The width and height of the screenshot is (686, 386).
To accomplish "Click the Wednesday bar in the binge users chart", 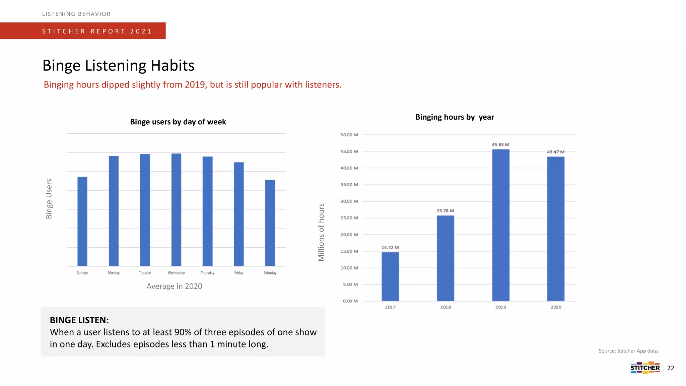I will tap(176, 210).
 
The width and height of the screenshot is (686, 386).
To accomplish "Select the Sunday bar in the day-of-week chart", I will tap(82, 221).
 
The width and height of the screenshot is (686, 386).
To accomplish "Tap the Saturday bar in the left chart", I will tap(270, 223).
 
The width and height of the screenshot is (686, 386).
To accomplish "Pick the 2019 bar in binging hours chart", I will tap(500, 225).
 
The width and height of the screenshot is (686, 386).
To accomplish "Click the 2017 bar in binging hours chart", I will tap(390, 276).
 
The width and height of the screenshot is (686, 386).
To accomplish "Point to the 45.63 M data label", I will tap(500, 145).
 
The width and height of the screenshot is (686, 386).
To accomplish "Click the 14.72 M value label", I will tap(390, 248).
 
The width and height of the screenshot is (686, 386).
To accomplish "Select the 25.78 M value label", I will tap(445, 211).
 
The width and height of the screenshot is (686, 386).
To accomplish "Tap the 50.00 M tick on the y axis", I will tap(349, 135).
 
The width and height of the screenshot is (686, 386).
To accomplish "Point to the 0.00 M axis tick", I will tap(350, 301).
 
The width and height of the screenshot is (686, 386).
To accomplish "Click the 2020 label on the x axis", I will tap(556, 307).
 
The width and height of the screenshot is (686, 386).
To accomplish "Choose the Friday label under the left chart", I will tap(239, 273).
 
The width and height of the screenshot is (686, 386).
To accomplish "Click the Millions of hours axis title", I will tap(321, 232).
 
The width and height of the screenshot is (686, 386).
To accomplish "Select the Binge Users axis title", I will tap(49, 199).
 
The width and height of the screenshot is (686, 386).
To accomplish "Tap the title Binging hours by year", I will tap(455, 117).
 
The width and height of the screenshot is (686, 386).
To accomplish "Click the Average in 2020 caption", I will tap(174, 286).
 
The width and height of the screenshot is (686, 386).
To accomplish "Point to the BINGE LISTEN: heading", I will tap(79, 320).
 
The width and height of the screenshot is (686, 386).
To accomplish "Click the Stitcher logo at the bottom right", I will tap(645, 368).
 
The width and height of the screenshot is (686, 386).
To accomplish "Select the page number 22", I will tap(671, 368).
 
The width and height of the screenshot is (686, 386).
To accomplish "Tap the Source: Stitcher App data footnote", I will tap(629, 351).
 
